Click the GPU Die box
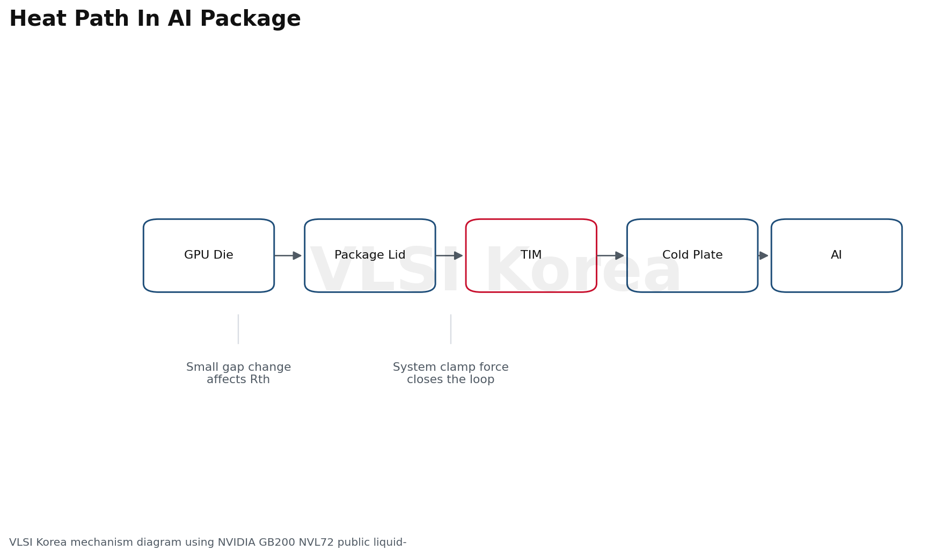click(x=209, y=255)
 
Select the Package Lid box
click(x=370, y=255)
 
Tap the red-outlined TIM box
click(x=531, y=255)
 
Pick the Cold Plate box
click(x=692, y=255)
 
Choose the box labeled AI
click(x=837, y=255)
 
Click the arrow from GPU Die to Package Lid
click(x=288, y=255)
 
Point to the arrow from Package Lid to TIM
click(x=449, y=255)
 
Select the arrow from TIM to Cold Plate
click(x=610, y=255)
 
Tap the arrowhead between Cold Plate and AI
click(x=763, y=255)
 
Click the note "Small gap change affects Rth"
click(x=238, y=373)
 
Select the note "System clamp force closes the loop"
click(x=451, y=373)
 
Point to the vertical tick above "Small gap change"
click(x=238, y=329)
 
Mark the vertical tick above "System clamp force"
click(x=451, y=329)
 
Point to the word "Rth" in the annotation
click(x=260, y=380)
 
